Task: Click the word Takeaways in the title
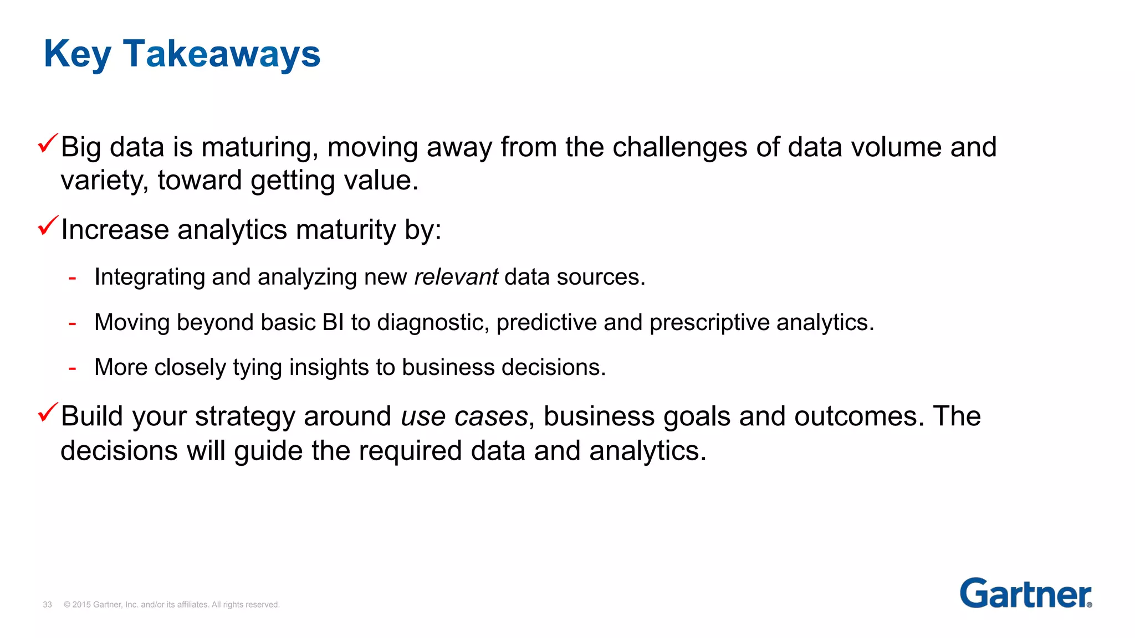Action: click(x=222, y=54)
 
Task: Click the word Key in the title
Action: click(x=77, y=54)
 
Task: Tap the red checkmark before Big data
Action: click(x=48, y=144)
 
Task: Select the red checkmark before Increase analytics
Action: click(x=48, y=226)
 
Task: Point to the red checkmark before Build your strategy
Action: click(x=48, y=413)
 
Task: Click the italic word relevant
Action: click(x=456, y=277)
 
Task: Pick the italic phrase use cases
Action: click(x=464, y=416)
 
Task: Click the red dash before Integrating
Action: click(x=72, y=277)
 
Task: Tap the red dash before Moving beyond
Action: click(x=72, y=323)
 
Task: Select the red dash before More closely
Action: click(x=72, y=368)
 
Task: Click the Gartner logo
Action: click(x=1025, y=593)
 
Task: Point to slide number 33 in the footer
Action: click(x=47, y=605)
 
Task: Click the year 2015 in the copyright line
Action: click(x=81, y=605)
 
